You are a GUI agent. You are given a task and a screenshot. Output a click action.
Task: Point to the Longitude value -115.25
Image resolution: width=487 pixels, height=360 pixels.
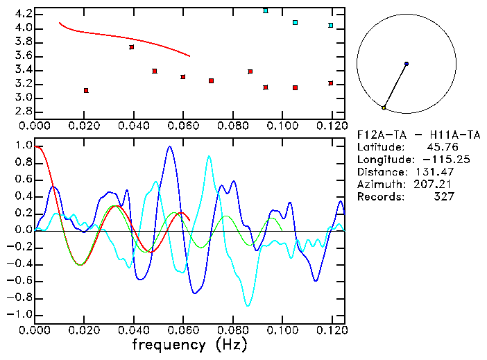(x=433, y=160)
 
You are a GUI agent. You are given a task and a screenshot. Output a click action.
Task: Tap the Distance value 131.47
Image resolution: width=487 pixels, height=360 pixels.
(x=437, y=172)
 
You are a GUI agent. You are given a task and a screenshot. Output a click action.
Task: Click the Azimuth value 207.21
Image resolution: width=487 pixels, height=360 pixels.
(x=437, y=185)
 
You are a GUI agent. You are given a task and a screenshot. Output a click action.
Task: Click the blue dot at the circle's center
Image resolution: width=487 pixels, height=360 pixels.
(x=407, y=64)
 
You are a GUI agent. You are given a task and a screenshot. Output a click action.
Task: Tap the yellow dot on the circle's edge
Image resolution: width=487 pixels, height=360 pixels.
(x=384, y=108)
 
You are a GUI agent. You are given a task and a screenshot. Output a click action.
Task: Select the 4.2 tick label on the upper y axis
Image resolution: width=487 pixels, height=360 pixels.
(x=22, y=14)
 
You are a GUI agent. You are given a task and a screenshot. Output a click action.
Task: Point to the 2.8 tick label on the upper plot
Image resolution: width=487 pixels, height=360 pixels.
(x=22, y=112)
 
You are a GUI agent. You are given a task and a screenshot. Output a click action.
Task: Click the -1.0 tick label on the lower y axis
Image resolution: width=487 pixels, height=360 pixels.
(x=19, y=314)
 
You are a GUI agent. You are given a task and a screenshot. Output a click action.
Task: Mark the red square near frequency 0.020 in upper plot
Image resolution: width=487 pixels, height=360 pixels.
(x=86, y=91)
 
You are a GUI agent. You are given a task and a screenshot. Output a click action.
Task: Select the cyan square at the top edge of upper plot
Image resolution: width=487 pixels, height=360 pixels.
(x=266, y=11)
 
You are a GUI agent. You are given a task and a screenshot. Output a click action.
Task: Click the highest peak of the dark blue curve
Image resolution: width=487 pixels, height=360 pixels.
(x=169, y=146)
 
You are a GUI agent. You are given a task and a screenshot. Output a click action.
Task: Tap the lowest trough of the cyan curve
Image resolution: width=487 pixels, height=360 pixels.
(x=248, y=305)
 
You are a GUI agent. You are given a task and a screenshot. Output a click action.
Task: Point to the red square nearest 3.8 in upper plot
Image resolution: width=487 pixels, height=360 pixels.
(x=132, y=47)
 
